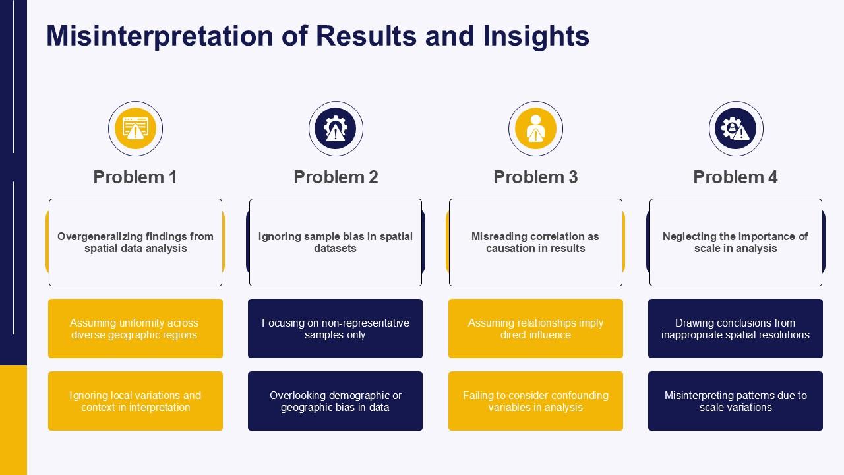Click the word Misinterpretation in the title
coord(160,36)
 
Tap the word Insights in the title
coord(536,36)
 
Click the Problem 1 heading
coord(135,177)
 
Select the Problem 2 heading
coord(336,177)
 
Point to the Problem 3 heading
coord(535,177)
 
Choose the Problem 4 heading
coord(735,177)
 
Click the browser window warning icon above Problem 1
coord(136,129)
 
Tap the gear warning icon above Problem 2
coord(336,129)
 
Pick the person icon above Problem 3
coord(535,129)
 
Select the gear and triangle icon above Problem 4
coord(736,129)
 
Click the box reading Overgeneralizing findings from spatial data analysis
coord(136,242)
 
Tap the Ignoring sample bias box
coord(336,242)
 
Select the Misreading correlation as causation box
coord(535,242)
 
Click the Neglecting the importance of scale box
coord(735,242)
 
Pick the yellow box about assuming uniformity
coord(135,329)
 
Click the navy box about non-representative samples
coord(336,329)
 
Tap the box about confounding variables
coord(535,401)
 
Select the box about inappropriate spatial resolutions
coord(735,329)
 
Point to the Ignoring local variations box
coord(135,401)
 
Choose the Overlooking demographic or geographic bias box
coord(336,401)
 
